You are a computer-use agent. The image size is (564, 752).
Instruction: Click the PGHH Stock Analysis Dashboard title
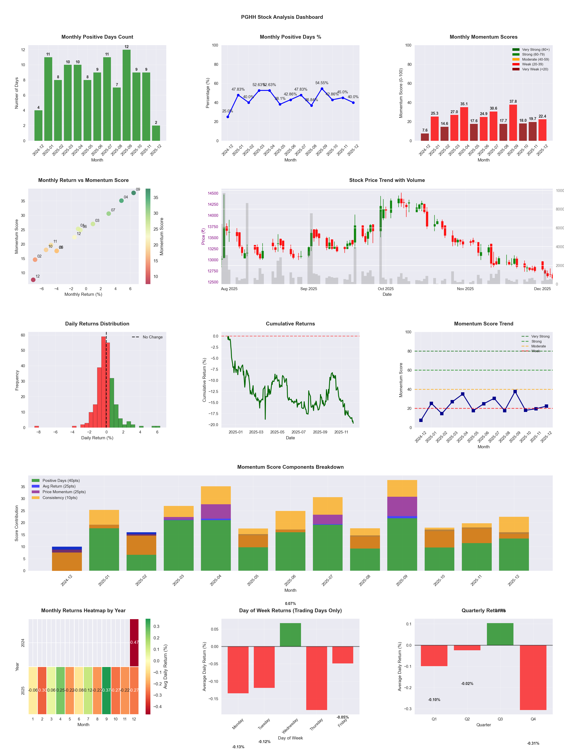pyautogui.click(x=282, y=17)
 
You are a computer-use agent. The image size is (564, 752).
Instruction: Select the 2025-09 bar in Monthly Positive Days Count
pyautogui.click(x=126, y=95)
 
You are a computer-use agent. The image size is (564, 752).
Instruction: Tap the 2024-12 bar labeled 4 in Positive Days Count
pyautogui.click(x=38, y=126)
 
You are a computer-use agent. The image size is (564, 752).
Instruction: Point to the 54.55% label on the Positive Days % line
pyautogui.click(x=322, y=83)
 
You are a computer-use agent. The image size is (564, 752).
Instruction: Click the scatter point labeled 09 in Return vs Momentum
pyautogui.click(x=134, y=193)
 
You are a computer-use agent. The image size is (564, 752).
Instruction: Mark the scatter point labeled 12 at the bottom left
pyautogui.click(x=33, y=280)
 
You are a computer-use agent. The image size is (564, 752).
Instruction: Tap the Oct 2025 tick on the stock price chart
pyautogui.click(x=386, y=289)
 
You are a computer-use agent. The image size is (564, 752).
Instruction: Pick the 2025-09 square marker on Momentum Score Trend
pyautogui.click(x=515, y=392)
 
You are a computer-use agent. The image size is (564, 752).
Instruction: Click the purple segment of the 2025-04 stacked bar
pyautogui.click(x=216, y=511)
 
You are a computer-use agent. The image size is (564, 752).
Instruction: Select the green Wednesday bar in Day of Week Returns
pyautogui.click(x=290, y=635)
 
